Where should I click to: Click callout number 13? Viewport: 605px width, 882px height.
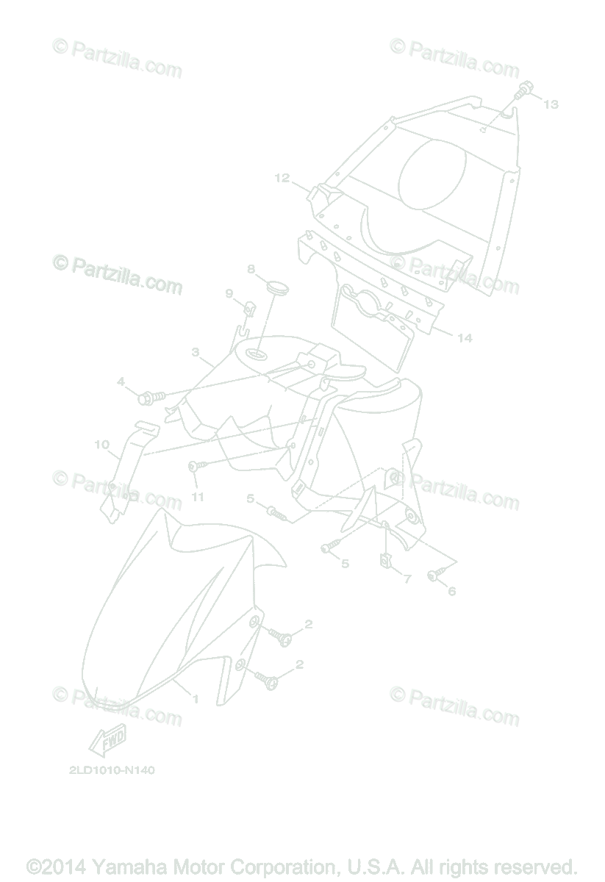[x=551, y=104]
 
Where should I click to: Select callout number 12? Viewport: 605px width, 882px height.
[x=282, y=178]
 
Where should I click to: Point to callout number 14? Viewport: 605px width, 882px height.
[x=464, y=338]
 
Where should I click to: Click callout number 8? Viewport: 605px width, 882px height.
[x=251, y=269]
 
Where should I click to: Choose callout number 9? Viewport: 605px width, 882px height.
[x=229, y=294]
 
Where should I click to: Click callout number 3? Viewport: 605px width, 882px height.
[x=196, y=352]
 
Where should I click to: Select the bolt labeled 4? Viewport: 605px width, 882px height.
[x=146, y=398]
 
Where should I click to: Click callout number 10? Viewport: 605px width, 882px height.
[x=101, y=444]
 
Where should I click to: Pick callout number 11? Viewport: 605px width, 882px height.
[x=197, y=497]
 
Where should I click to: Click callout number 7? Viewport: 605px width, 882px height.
[x=407, y=579]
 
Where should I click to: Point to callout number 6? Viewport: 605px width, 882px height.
[x=451, y=591]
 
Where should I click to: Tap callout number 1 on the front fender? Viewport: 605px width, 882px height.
[x=195, y=698]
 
